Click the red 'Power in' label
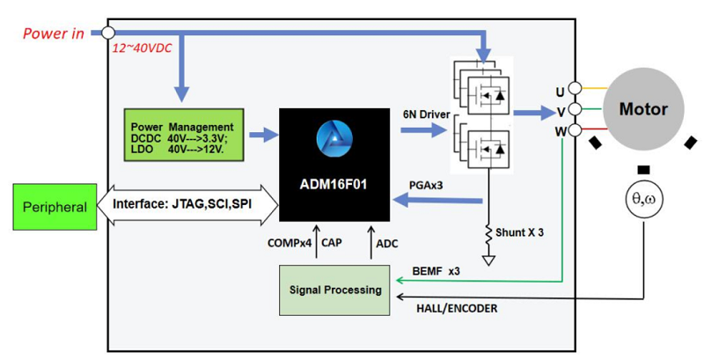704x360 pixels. pyautogui.click(x=53, y=34)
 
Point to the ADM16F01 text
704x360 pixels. pyautogui.click(x=333, y=183)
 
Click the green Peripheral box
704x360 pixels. pyautogui.click(x=55, y=208)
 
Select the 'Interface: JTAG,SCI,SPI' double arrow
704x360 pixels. pyautogui.click(x=188, y=208)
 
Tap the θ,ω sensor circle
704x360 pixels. pyautogui.click(x=644, y=202)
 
